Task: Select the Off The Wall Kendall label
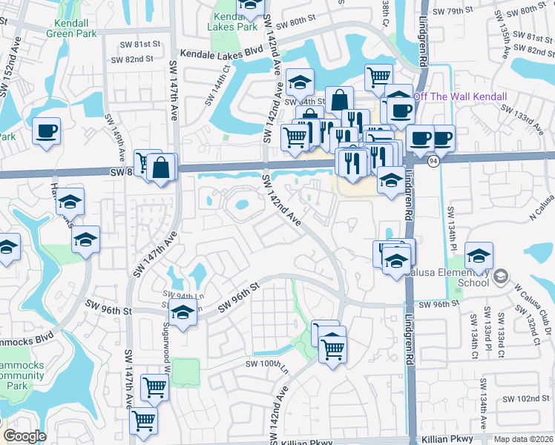click(460, 97)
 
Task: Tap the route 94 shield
click(433, 160)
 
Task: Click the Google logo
click(24, 436)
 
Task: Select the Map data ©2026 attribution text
click(523, 440)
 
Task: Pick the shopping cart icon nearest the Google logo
click(143, 419)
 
